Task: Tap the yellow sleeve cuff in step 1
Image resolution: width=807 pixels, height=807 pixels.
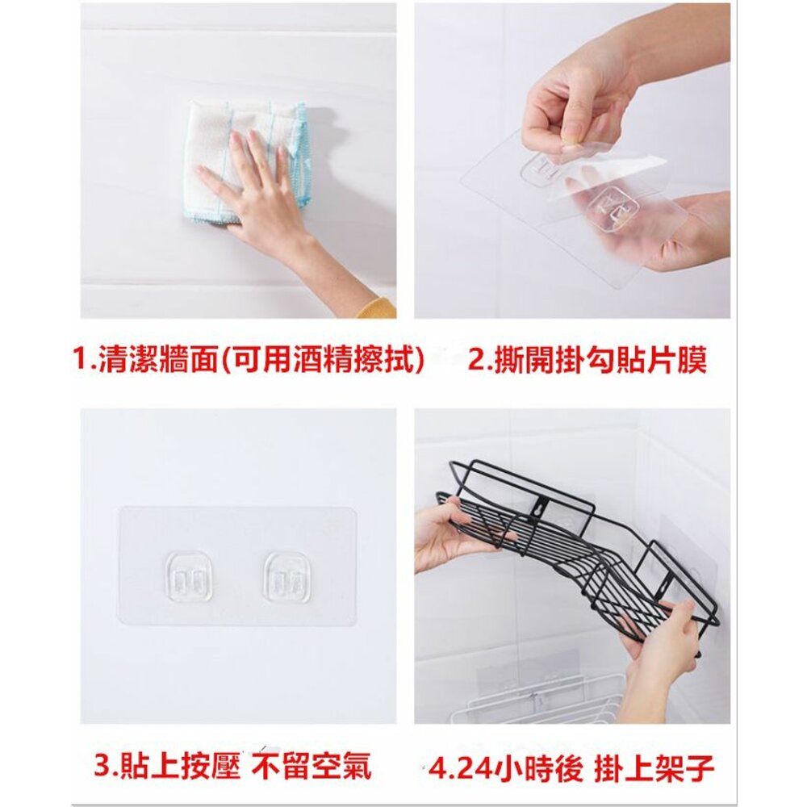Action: coord(378,307)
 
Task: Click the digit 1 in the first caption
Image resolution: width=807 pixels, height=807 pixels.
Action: coord(81,360)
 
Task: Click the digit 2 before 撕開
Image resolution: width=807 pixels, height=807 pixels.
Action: coord(476,360)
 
